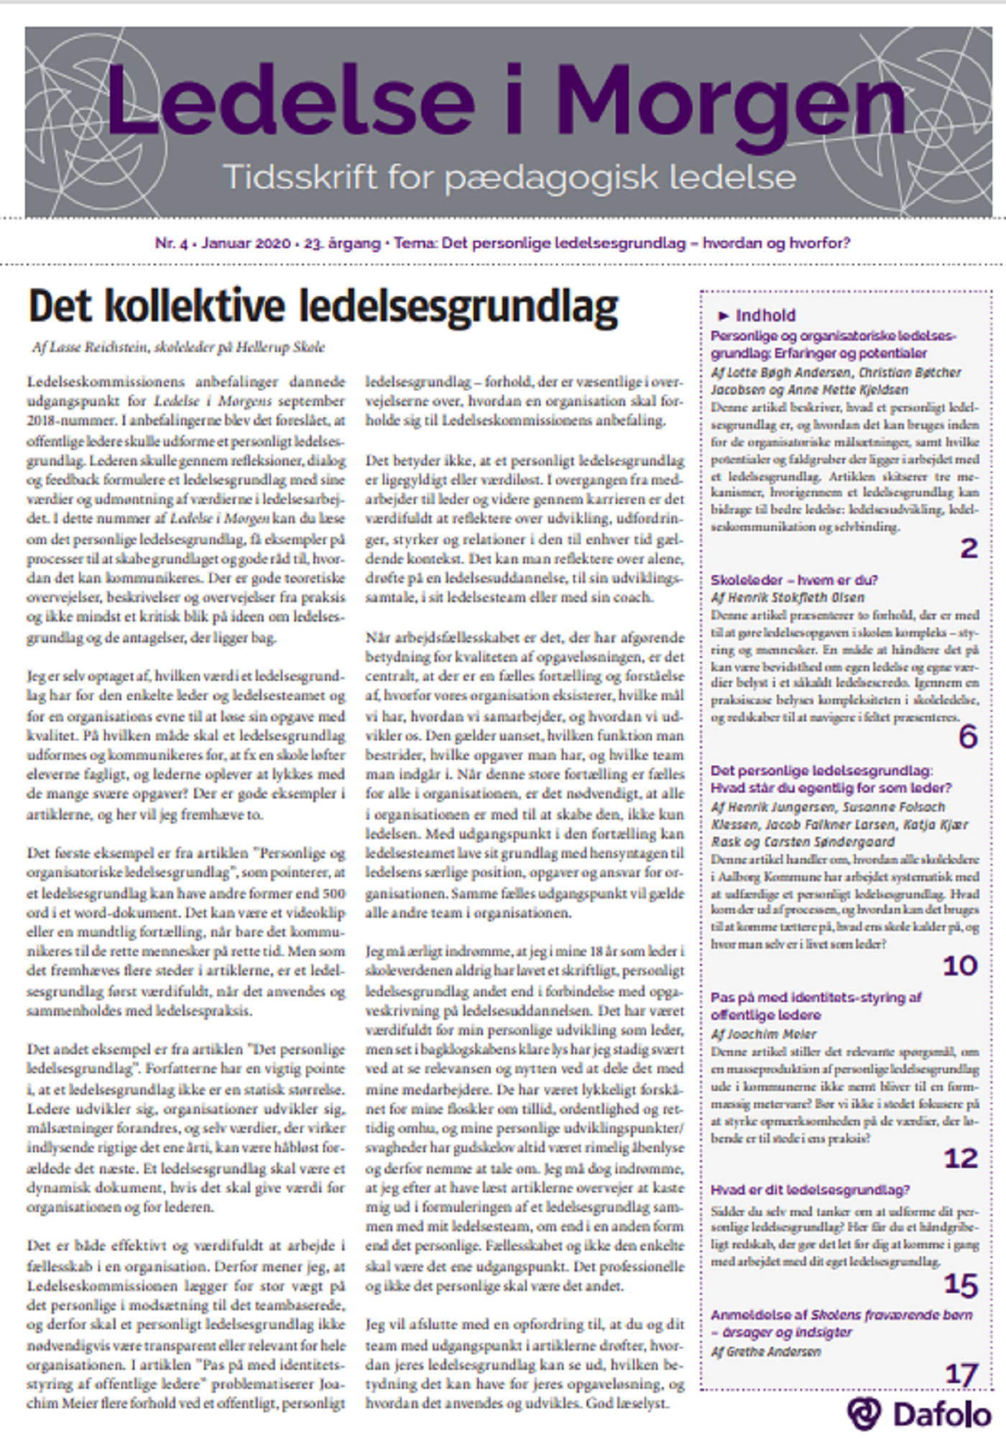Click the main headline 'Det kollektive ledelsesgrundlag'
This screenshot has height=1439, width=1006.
pyautogui.click(x=323, y=306)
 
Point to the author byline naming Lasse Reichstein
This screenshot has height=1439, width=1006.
pyautogui.click(x=178, y=347)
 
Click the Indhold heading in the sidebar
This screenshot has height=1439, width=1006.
pyautogui.click(x=766, y=315)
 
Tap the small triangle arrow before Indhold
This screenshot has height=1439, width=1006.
pyautogui.click(x=723, y=316)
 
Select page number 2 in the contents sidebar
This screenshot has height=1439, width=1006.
pyautogui.click(x=969, y=548)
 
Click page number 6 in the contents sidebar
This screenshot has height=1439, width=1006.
pyautogui.click(x=968, y=737)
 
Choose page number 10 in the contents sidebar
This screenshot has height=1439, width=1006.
pyautogui.click(x=961, y=965)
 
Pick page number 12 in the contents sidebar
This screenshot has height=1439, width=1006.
pyautogui.click(x=961, y=1158)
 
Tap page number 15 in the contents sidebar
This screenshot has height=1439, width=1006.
pyautogui.click(x=961, y=1284)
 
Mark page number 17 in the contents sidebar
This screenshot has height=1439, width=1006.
pyautogui.click(x=961, y=1374)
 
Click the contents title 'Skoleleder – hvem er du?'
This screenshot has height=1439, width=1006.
pyautogui.click(x=794, y=580)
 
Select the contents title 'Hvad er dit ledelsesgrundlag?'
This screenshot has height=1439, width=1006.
pyautogui.click(x=810, y=1190)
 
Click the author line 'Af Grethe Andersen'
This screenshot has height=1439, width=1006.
pyautogui.click(x=765, y=1351)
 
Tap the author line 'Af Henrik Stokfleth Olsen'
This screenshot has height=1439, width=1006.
pyautogui.click(x=788, y=597)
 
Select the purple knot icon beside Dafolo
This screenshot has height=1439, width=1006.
pyautogui.click(x=863, y=1413)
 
